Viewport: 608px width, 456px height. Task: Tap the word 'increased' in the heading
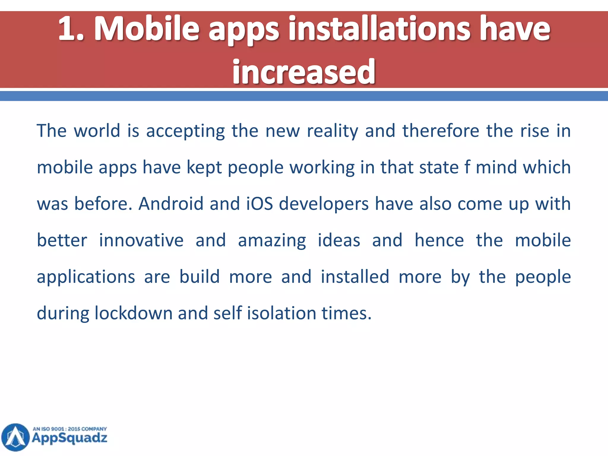point(304,72)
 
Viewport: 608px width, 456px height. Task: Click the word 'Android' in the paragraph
point(171,204)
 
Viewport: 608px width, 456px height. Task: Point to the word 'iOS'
point(259,204)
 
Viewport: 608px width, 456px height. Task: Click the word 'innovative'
point(141,240)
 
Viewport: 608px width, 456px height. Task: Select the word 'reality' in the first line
point(332,131)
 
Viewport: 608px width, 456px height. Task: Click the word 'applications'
point(86,277)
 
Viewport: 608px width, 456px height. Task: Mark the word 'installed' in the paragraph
point(355,277)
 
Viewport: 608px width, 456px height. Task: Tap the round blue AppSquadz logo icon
point(16,437)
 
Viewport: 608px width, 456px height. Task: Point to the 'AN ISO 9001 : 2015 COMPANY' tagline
point(70,429)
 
